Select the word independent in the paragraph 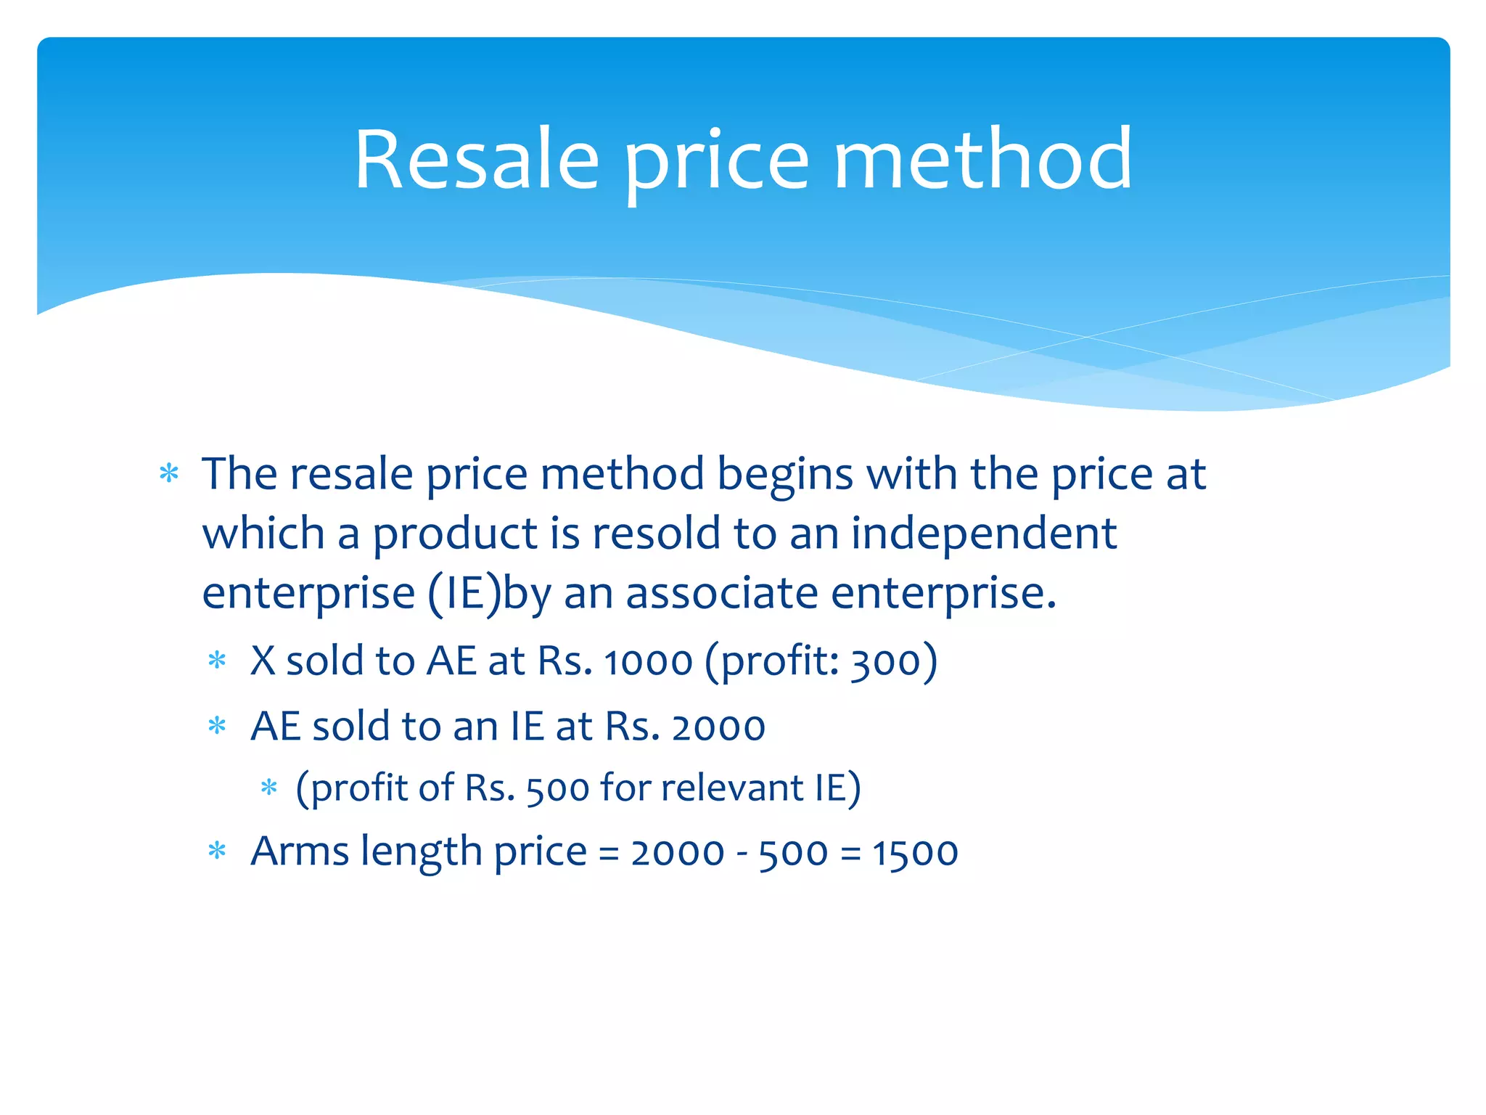point(983,534)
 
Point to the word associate point(722,593)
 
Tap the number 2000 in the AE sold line point(718,727)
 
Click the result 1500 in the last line point(915,853)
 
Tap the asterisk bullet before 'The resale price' point(169,474)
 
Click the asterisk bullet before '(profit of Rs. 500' point(269,788)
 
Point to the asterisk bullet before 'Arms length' point(218,851)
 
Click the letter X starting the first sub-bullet point(263,661)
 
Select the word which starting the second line point(263,534)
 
